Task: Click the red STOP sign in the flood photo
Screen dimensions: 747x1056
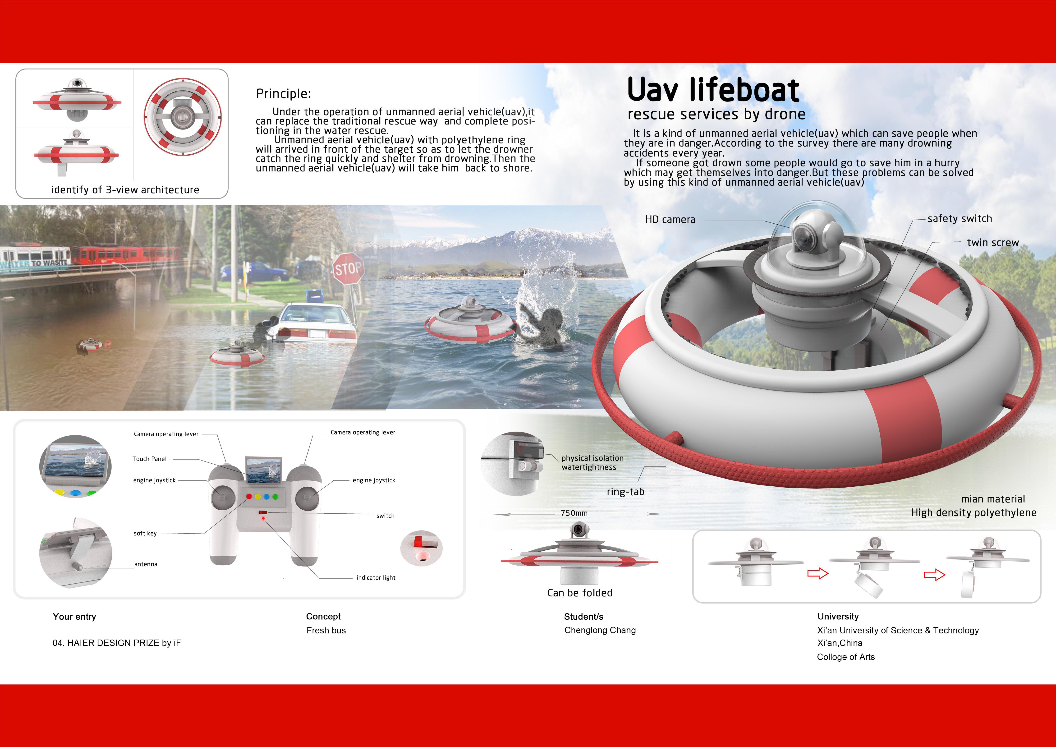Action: tap(348, 268)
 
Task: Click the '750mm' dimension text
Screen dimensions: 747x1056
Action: tap(574, 513)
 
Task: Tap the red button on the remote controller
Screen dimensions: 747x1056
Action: tap(249, 497)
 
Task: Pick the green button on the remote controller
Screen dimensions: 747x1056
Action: tap(275, 497)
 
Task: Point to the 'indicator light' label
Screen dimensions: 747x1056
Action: tap(376, 578)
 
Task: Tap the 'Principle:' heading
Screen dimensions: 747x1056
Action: tap(283, 94)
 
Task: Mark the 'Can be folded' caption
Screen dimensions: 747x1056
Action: tap(579, 593)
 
